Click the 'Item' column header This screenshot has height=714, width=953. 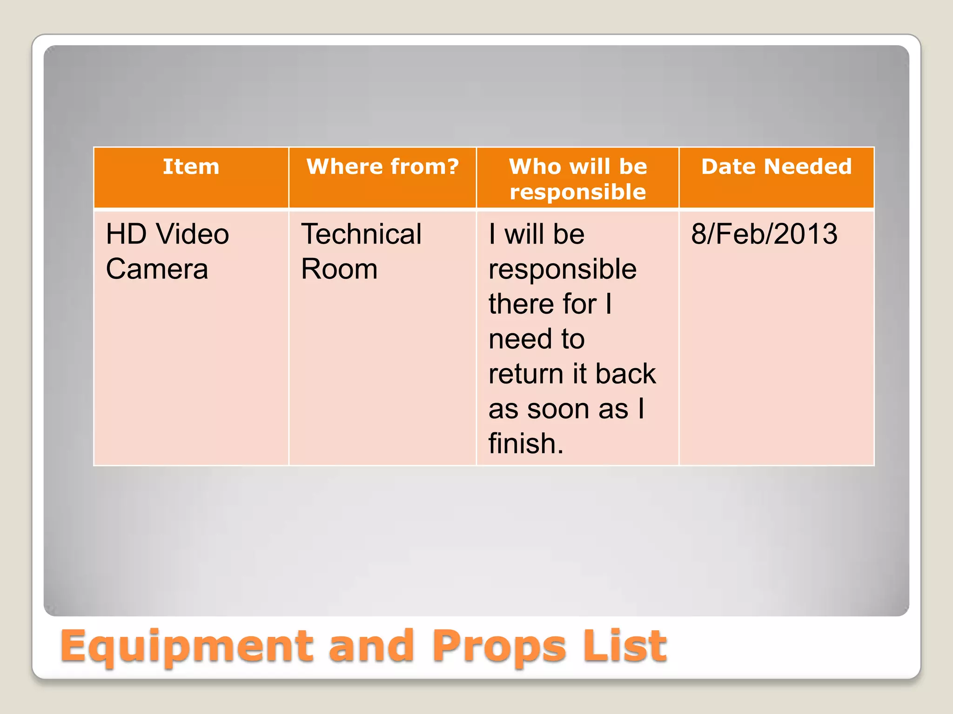pos(191,166)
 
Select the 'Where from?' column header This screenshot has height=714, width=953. pos(383,166)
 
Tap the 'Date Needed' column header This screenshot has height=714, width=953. pos(776,166)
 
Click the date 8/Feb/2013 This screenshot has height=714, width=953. pos(764,234)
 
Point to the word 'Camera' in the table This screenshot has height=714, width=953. pos(157,269)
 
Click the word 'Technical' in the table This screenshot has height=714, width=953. pos(361,234)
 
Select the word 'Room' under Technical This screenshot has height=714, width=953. pos(339,269)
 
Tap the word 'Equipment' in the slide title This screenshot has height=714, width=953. pos(186,647)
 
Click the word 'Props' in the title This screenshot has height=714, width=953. pos(499,647)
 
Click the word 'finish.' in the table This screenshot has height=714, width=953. pos(526,443)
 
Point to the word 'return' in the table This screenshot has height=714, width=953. pos(526,374)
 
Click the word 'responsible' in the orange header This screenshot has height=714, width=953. pos(577,192)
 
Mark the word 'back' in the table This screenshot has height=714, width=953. pos(625,374)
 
